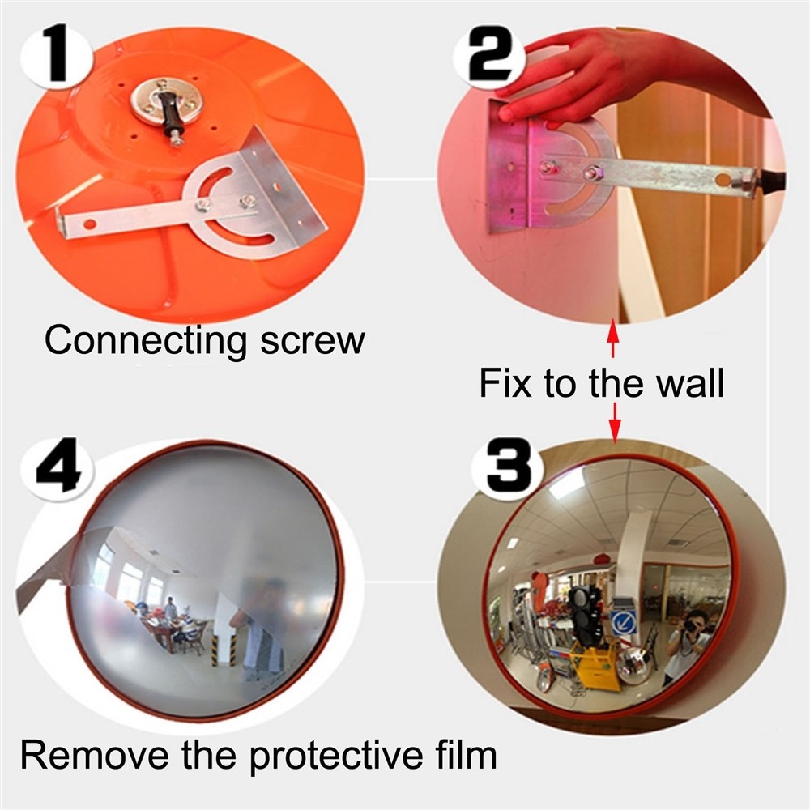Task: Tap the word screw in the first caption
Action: click(x=313, y=341)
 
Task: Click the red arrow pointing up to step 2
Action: click(x=613, y=335)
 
